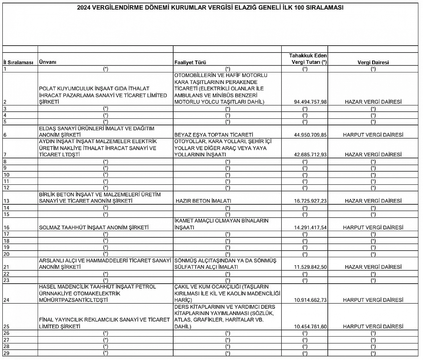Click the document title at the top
point(210,8)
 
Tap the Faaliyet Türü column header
point(190,62)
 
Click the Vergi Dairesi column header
point(373,62)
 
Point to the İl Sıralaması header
point(18,62)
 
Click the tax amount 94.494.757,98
point(310,102)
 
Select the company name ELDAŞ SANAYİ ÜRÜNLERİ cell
point(96,132)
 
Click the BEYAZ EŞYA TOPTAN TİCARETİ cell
point(214,135)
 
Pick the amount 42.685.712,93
point(310,155)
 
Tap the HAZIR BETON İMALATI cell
point(203,201)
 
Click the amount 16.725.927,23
point(310,201)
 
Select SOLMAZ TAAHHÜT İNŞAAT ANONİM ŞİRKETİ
point(94,227)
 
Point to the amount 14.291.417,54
point(310,227)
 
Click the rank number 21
point(7,267)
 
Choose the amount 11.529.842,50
point(310,267)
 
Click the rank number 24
point(7,300)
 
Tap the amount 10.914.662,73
point(310,300)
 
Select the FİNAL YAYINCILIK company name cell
point(104,323)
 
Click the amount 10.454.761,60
point(310,327)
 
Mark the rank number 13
point(7,201)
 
